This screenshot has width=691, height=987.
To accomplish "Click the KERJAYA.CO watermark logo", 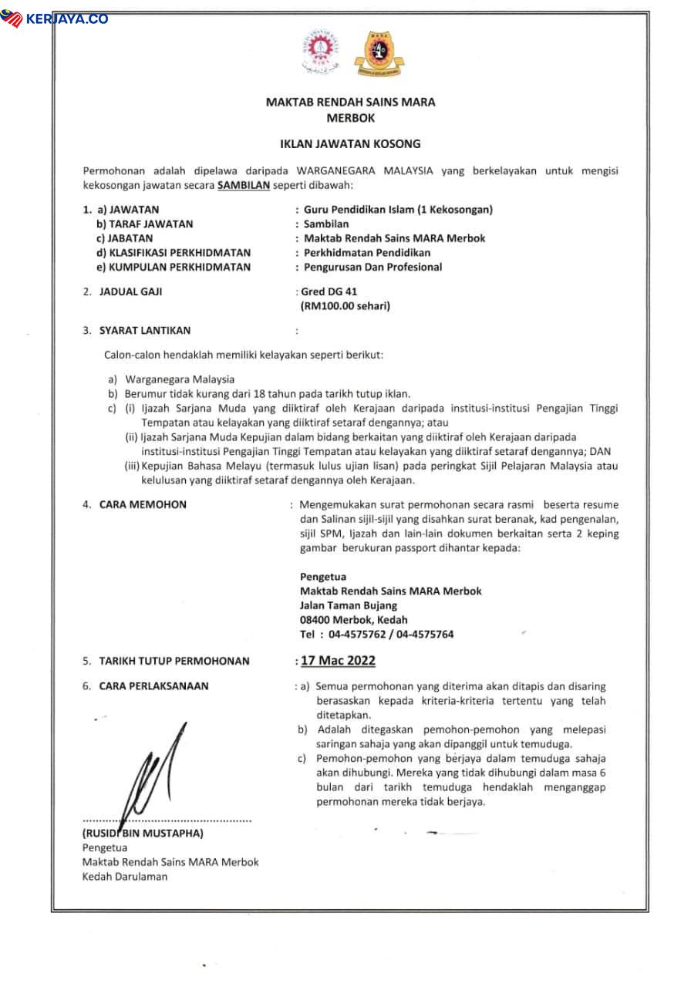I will point(55,18).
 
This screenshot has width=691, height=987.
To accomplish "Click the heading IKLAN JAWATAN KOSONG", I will point(350,143).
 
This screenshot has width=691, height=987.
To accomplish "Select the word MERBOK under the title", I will point(350,119).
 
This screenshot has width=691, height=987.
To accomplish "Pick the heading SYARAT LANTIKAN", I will point(144,331).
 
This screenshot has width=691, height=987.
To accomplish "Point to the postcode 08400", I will point(315,620).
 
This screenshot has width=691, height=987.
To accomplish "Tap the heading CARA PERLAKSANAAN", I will point(153,686).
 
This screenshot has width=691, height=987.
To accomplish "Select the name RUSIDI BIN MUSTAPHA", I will point(143,834).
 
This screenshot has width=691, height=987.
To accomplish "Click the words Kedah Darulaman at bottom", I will point(124,877).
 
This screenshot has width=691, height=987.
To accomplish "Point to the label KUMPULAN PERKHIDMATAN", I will point(173,267).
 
